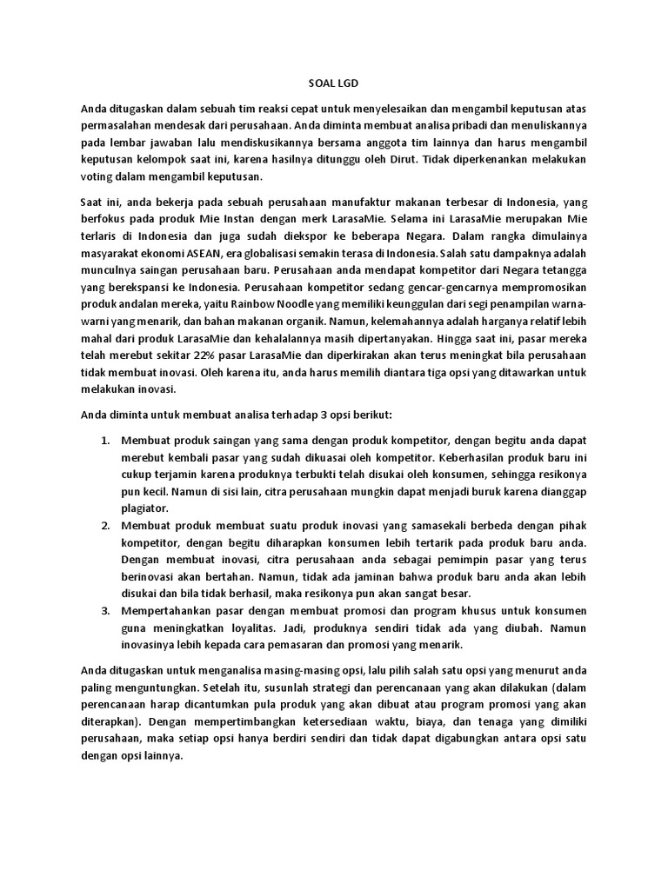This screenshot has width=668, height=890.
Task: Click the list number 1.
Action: point(104,441)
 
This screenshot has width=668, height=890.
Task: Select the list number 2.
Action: point(104,526)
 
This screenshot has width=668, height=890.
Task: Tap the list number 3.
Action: point(104,611)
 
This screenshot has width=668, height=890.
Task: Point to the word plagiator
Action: point(145,508)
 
